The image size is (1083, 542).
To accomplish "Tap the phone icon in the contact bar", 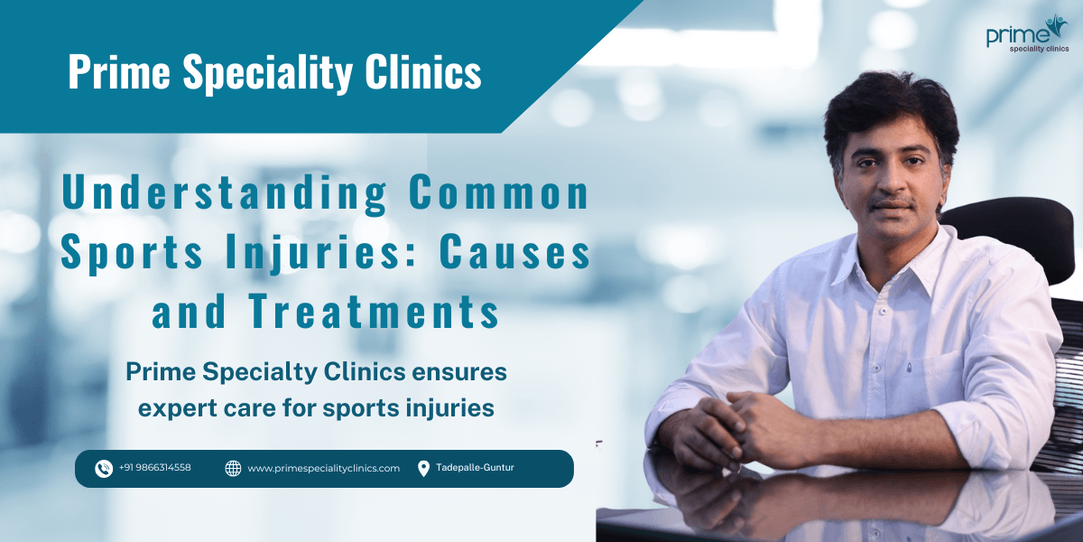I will pyautogui.click(x=104, y=468).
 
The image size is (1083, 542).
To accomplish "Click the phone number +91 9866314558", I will pyautogui.click(x=154, y=468).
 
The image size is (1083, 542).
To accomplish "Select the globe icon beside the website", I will pyautogui.click(x=233, y=468).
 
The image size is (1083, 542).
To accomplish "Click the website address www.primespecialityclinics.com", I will pyautogui.click(x=323, y=468).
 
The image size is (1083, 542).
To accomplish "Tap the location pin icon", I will pyautogui.click(x=423, y=468).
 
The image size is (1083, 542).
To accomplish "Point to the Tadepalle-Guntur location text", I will pyautogui.click(x=475, y=468).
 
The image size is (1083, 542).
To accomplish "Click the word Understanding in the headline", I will pyautogui.click(x=225, y=196).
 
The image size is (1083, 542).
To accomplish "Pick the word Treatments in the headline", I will pyautogui.click(x=374, y=313).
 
